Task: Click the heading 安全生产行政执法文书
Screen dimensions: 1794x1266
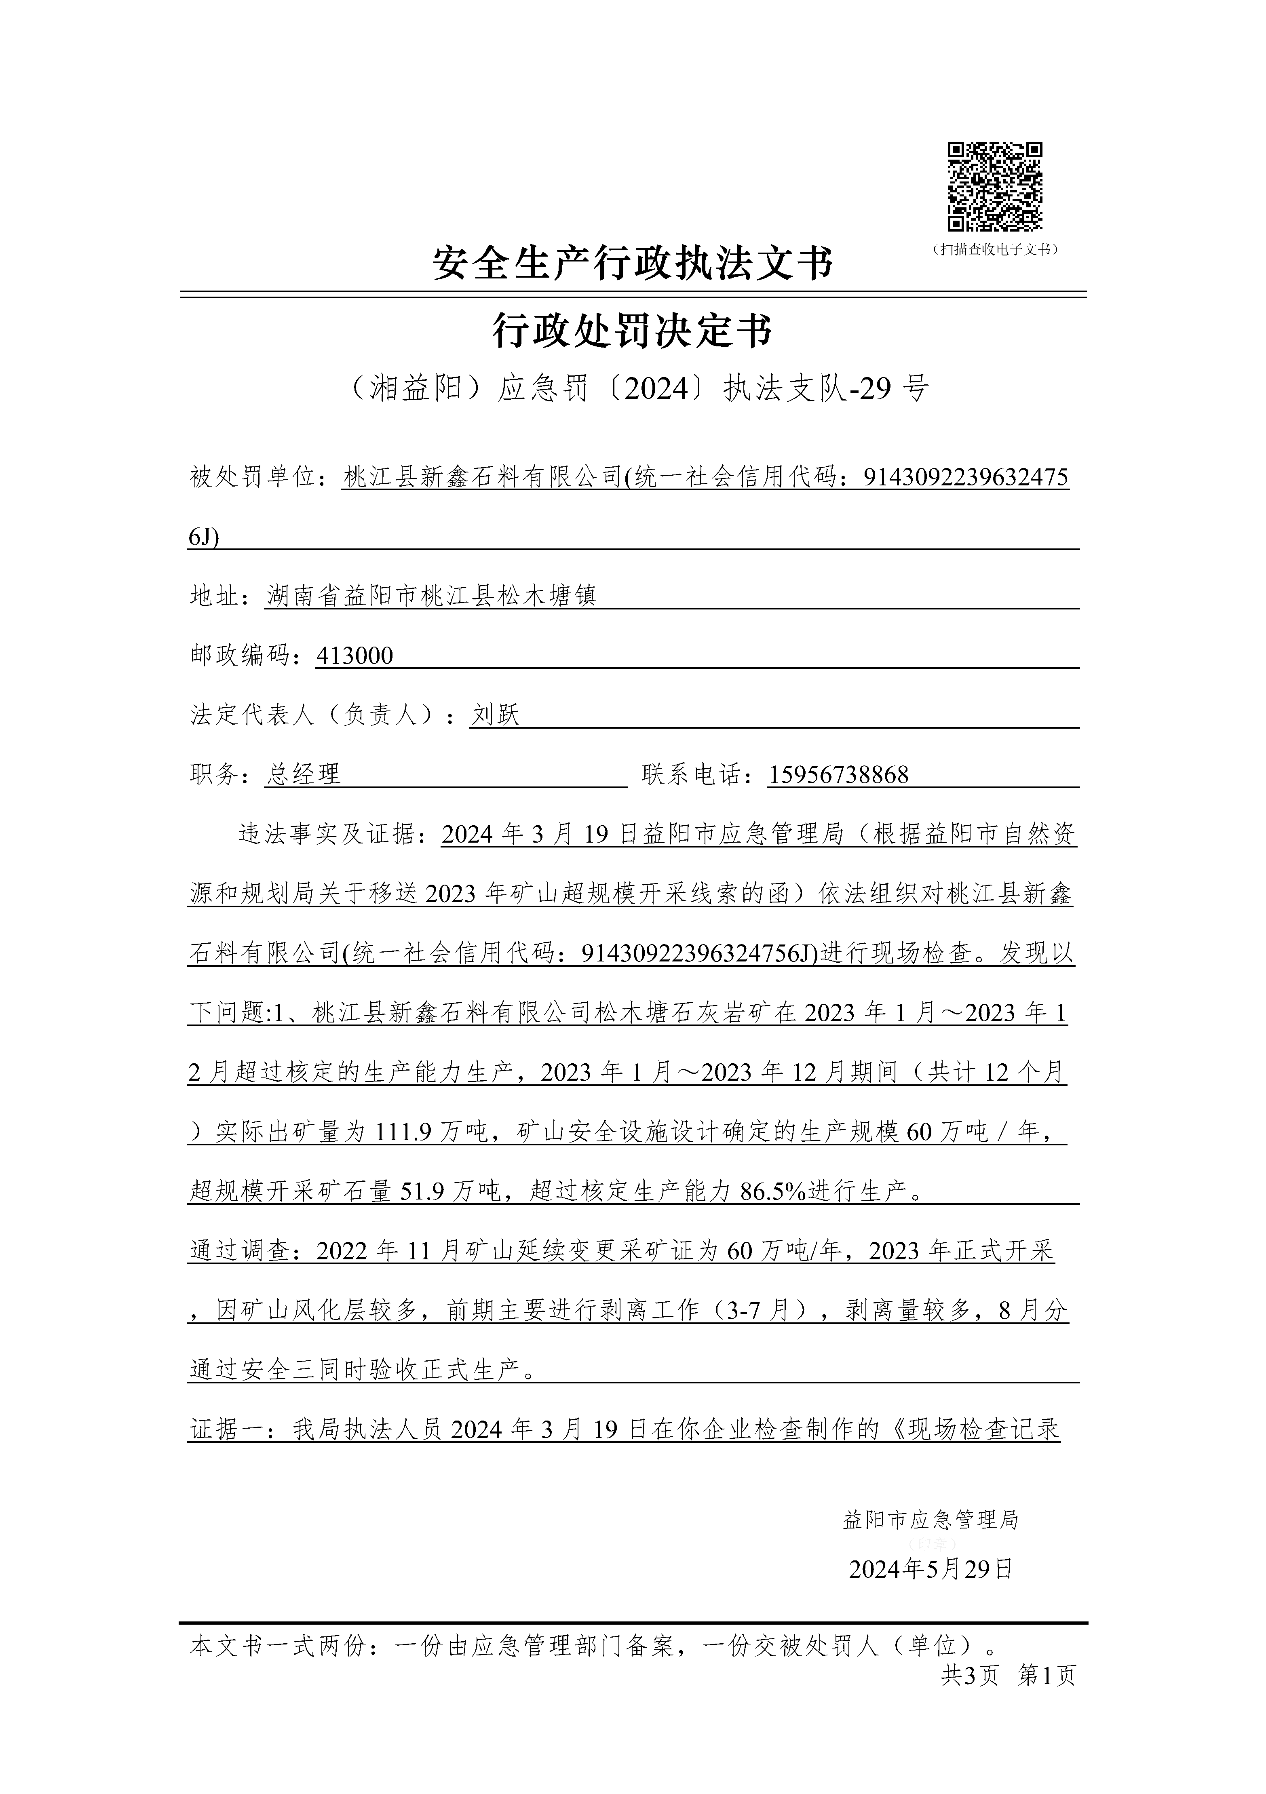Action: click(x=633, y=264)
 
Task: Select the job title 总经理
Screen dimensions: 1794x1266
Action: click(x=303, y=774)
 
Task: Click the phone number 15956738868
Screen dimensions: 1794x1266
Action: click(x=838, y=774)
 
